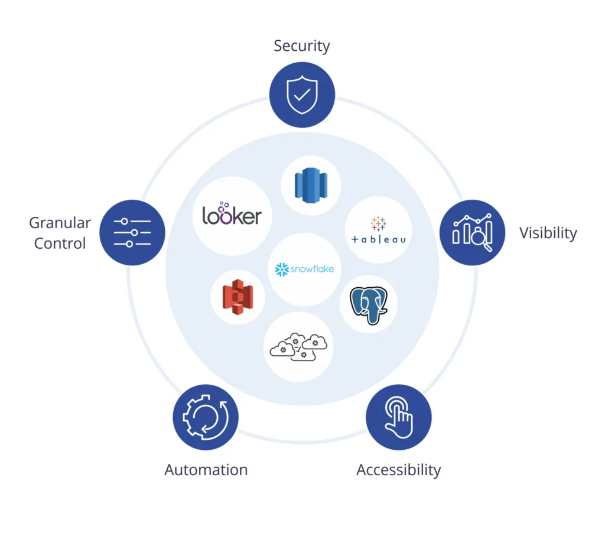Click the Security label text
(x=301, y=46)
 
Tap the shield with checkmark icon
(x=302, y=95)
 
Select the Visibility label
(x=548, y=233)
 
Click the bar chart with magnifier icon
(x=473, y=232)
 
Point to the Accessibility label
(x=399, y=470)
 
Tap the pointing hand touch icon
(x=399, y=417)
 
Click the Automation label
(x=206, y=470)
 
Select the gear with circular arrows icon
(x=206, y=417)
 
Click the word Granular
(x=60, y=223)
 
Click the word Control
(x=60, y=243)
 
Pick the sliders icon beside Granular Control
(x=132, y=232)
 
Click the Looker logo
(x=232, y=215)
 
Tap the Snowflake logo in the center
(x=304, y=269)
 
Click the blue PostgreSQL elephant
(x=369, y=304)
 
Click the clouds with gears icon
(x=298, y=346)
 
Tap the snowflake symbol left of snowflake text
(x=281, y=269)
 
